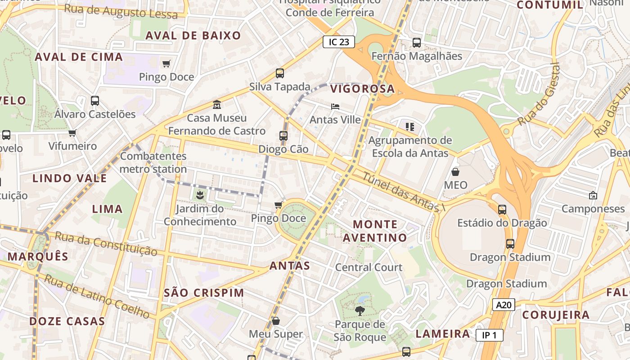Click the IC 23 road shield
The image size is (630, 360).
click(339, 42)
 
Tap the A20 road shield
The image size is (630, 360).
click(503, 305)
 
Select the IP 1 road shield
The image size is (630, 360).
click(489, 335)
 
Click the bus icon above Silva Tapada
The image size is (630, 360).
click(280, 73)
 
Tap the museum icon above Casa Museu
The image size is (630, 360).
click(217, 104)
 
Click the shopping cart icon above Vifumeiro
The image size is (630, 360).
click(72, 133)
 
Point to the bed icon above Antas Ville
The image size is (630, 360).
click(335, 107)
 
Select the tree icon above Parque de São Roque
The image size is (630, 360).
click(360, 310)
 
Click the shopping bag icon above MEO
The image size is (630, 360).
click(455, 172)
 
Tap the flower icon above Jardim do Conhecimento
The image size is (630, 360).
click(200, 195)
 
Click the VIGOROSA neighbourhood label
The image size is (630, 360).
click(362, 89)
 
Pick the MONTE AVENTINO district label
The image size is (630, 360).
click(375, 231)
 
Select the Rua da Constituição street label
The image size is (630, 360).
click(106, 243)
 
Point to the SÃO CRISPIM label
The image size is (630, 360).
click(204, 293)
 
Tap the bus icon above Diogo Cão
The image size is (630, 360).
click(283, 135)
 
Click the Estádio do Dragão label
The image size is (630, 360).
click(502, 223)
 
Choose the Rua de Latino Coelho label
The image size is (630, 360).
click(97, 297)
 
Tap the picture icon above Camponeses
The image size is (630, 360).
click(593, 195)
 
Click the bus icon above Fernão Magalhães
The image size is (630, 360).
click(417, 43)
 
